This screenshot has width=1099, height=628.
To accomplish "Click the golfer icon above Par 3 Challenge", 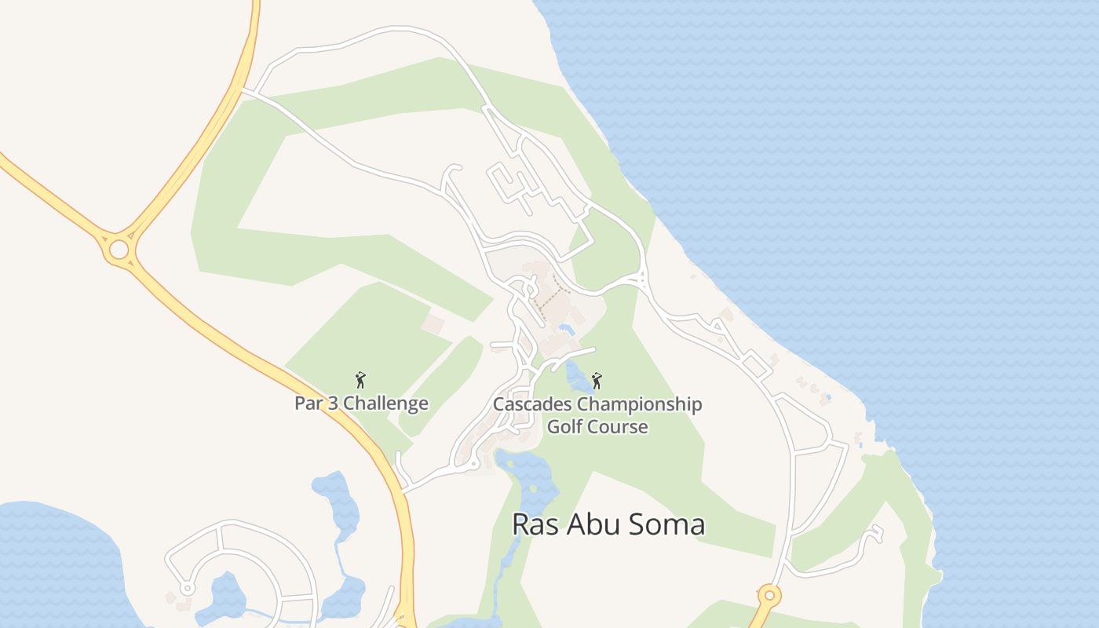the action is click(x=360, y=381).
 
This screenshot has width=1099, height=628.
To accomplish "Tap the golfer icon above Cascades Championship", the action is click(x=597, y=381).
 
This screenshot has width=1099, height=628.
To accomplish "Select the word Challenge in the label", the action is click(x=386, y=403).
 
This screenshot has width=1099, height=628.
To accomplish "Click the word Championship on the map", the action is click(x=639, y=405).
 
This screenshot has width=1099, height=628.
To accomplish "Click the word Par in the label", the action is click(x=309, y=403).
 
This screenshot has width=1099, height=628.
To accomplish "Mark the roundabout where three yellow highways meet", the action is click(x=119, y=250).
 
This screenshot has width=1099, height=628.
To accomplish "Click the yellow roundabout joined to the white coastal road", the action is click(x=769, y=596).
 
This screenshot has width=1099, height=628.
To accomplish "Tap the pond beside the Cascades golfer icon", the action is click(x=579, y=378).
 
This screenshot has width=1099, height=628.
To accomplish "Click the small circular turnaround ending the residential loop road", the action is click(x=187, y=588).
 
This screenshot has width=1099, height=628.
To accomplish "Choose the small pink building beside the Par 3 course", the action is click(x=433, y=323).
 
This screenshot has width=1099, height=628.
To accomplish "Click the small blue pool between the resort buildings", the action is click(x=566, y=328).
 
